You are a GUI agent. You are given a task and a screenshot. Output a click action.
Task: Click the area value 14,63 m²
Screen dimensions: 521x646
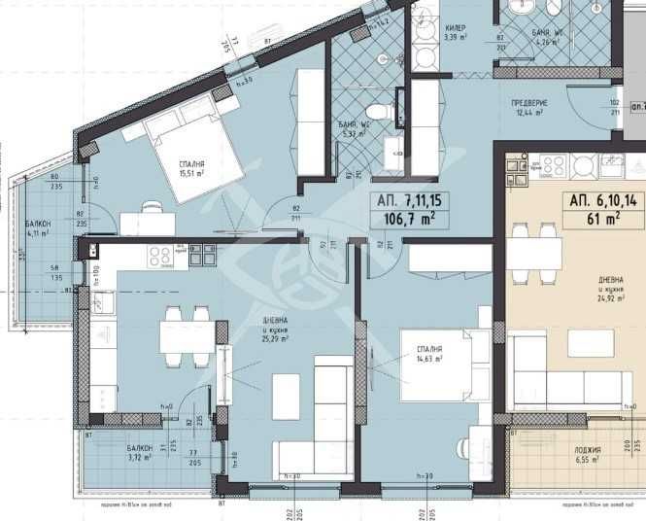[x=426, y=359]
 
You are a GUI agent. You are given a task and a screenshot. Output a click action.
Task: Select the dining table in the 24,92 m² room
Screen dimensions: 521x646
[x=535, y=252]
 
